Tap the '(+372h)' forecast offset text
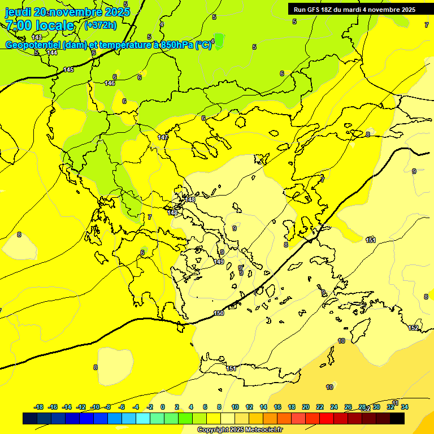[100, 25]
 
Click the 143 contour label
[37, 37]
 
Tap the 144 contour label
[52, 53]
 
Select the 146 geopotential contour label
[110, 83]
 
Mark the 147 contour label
[163, 137]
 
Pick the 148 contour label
[190, 199]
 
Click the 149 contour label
[219, 262]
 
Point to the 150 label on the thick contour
[219, 313]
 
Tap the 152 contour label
[413, 328]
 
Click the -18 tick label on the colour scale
[39, 407]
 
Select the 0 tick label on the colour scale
[162, 407]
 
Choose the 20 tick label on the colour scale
[305, 407]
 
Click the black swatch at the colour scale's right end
[397, 418]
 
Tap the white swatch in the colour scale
[228, 418]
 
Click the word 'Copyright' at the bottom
[213, 430]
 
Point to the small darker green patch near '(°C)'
[219, 41]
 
